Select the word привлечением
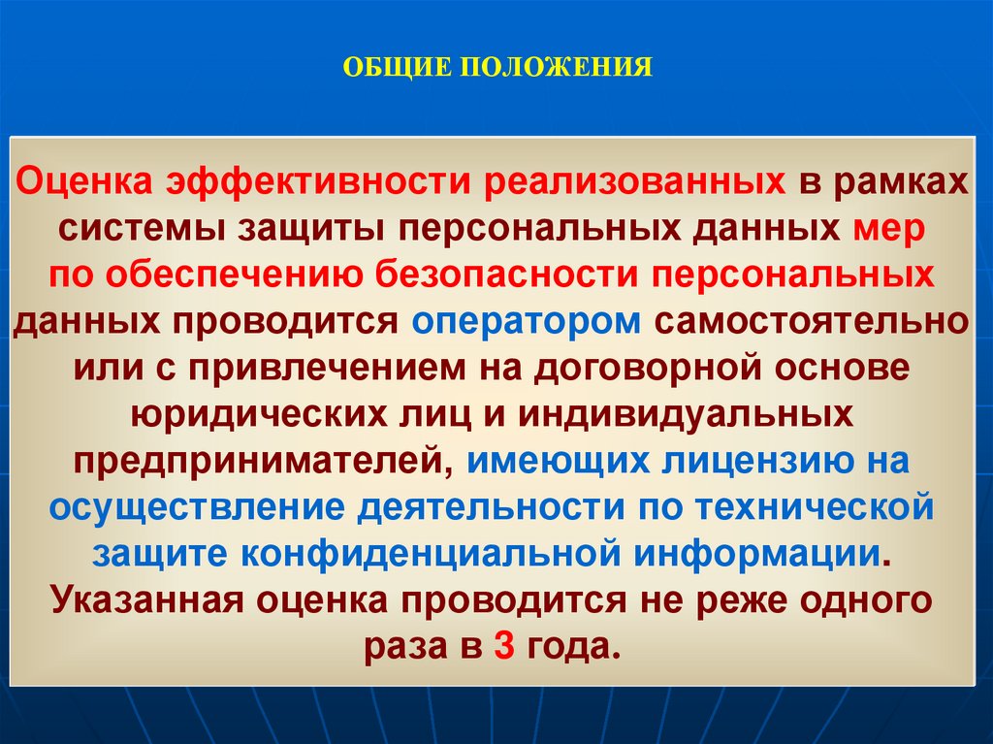[x=351, y=369]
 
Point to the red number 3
[x=502, y=645]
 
